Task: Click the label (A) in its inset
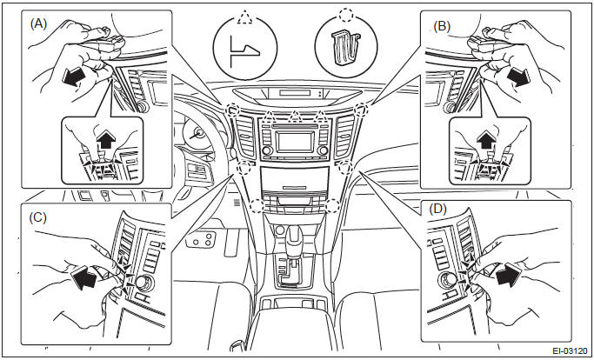pos(38,24)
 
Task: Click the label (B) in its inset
pos(442,26)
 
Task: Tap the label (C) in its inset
pos(38,217)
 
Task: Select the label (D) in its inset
pos(438,209)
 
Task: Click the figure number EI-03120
pos(571,350)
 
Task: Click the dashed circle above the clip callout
pos(345,16)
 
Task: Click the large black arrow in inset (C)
pos(83,277)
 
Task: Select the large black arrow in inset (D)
pos(510,274)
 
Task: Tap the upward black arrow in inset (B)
pos(486,139)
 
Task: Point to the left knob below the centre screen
pos(267,150)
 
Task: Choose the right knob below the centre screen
pos(324,150)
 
